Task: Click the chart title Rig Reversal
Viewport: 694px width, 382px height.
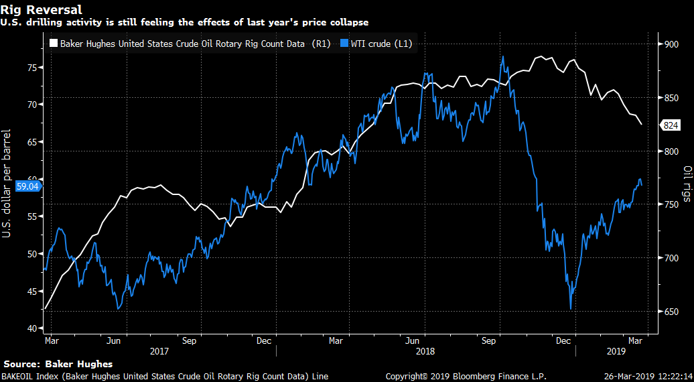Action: pyautogui.click(x=42, y=10)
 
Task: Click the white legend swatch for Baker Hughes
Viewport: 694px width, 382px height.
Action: pyautogui.click(x=54, y=45)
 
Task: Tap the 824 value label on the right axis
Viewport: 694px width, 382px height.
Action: pyautogui.click(x=671, y=125)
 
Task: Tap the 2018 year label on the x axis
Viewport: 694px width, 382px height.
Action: pyautogui.click(x=425, y=351)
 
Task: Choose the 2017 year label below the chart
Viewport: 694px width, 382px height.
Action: pyautogui.click(x=159, y=351)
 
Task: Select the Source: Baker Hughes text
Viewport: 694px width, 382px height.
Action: pyautogui.click(x=58, y=364)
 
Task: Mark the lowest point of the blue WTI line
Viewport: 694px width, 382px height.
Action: pyautogui.click(x=571, y=308)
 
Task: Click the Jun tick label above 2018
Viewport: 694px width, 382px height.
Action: pyautogui.click(x=413, y=340)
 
